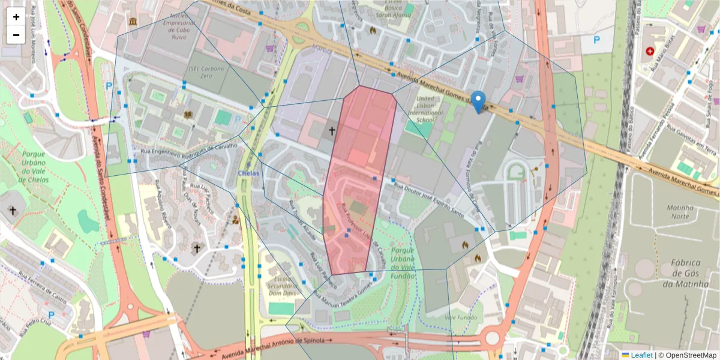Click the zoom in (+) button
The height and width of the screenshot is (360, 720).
[x=16, y=17]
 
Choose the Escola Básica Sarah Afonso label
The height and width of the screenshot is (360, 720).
[x=393, y=10]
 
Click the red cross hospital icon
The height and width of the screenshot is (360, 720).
[x=650, y=52]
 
